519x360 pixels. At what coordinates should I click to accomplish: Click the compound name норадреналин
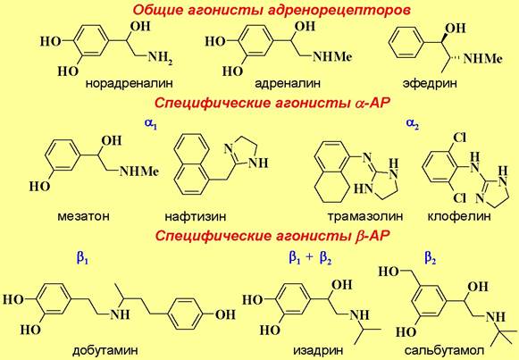coord(130,83)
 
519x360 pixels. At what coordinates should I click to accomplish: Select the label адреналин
coord(288,83)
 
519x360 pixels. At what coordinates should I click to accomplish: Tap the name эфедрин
coord(430,83)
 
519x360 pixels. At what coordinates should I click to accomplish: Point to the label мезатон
coord(83,216)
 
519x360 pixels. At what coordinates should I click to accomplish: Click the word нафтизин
coord(196,216)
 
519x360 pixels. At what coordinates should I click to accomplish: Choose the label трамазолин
coord(365,216)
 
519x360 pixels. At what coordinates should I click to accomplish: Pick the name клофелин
coord(459,216)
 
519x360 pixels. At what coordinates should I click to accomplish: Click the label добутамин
coord(105,350)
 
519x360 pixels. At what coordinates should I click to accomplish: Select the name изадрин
coord(318,350)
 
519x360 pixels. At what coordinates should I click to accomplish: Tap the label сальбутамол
coord(445,350)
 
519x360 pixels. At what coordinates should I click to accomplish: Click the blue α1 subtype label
coord(151,124)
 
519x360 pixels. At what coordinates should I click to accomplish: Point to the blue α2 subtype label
coord(413,124)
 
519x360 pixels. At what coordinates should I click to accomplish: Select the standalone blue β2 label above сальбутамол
coord(431,258)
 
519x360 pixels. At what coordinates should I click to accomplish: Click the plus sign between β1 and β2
coord(309,257)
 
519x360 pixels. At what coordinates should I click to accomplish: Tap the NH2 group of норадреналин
coord(160,58)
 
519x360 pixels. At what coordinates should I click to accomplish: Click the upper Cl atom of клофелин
coord(459,138)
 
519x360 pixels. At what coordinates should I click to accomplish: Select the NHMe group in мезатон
coord(139,171)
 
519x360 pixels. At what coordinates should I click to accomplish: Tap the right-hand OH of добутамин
coord(225,314)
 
